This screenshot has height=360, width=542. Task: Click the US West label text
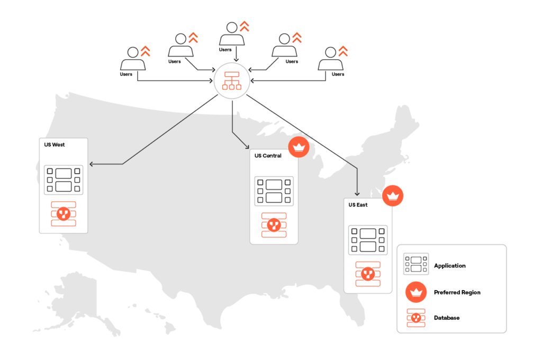pos(55,145)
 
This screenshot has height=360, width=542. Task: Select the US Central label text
pos(268,156)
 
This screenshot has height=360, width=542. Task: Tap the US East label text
pos(358,205)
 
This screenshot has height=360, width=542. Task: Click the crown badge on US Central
pos(299,147)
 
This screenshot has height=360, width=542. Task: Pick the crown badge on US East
pos(393,196)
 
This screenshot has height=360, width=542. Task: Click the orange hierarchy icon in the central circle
pos(232,81)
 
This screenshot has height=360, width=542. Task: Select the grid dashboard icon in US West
pos(64,180)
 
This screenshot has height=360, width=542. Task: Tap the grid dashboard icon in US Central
pos(274,191)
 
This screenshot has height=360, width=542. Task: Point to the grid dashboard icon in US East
pos(368,240)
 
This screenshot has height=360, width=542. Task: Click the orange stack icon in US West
pos(64,214)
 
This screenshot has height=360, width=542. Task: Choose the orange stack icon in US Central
pos(274,225)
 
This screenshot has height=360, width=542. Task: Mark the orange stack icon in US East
pos(368,274)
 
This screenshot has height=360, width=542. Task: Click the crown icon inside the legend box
pos(416,292)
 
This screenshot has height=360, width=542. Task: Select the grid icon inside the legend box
pos(416,264)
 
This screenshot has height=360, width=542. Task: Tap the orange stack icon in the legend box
pos(416,318)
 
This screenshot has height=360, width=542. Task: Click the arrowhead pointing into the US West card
pos(92,164)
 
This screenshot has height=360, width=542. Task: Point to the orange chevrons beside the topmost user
pos(244,26)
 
